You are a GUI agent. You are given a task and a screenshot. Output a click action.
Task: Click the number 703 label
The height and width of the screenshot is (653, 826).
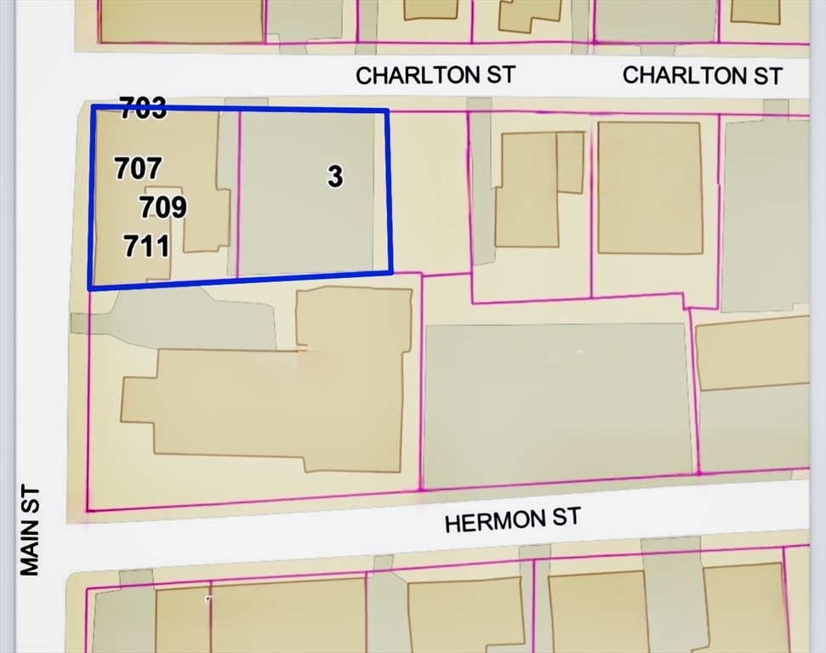[143, 109]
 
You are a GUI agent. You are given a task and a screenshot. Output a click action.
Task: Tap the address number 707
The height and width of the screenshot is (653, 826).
[138, 168]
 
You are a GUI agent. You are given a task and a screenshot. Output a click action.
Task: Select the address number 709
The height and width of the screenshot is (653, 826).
[162, 207]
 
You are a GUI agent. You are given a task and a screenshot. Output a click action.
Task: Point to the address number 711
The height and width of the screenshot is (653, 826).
[146, 247]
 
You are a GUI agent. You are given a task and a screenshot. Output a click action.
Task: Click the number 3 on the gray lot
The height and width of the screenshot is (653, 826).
[335, 176]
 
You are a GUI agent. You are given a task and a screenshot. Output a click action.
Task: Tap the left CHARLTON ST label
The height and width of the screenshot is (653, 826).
[435, 75]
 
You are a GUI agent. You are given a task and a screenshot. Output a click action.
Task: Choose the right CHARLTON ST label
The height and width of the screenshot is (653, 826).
[702, 75]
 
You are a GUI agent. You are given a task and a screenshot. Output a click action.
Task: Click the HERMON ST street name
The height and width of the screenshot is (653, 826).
[512, 519]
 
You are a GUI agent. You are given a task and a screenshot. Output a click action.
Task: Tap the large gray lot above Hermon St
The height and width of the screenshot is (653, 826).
[557, 404]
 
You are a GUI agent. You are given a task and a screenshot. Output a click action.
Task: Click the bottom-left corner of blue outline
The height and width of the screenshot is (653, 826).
[91, 288]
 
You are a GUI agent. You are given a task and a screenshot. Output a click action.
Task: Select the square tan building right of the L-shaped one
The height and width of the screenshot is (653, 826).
[650, 187]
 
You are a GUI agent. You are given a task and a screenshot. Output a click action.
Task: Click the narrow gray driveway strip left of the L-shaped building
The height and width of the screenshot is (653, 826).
[481, 183]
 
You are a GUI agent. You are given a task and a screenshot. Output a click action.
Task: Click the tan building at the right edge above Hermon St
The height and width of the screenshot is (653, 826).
[753, 353]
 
